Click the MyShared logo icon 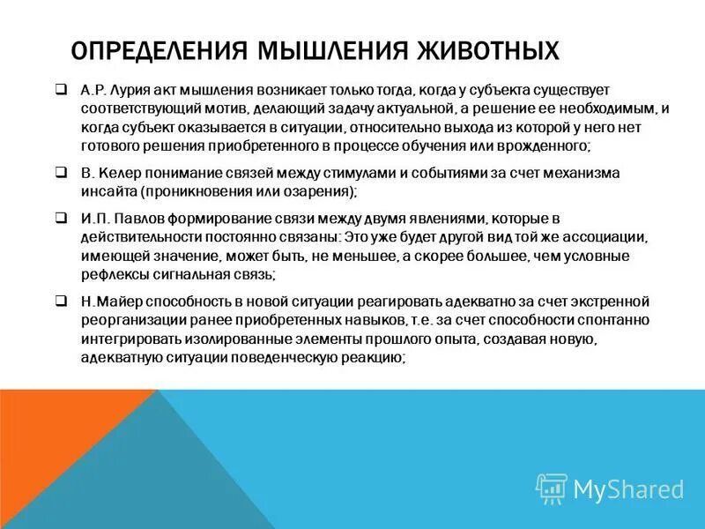(552, 488)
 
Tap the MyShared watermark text (628, 488)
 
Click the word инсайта (105, 190)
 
